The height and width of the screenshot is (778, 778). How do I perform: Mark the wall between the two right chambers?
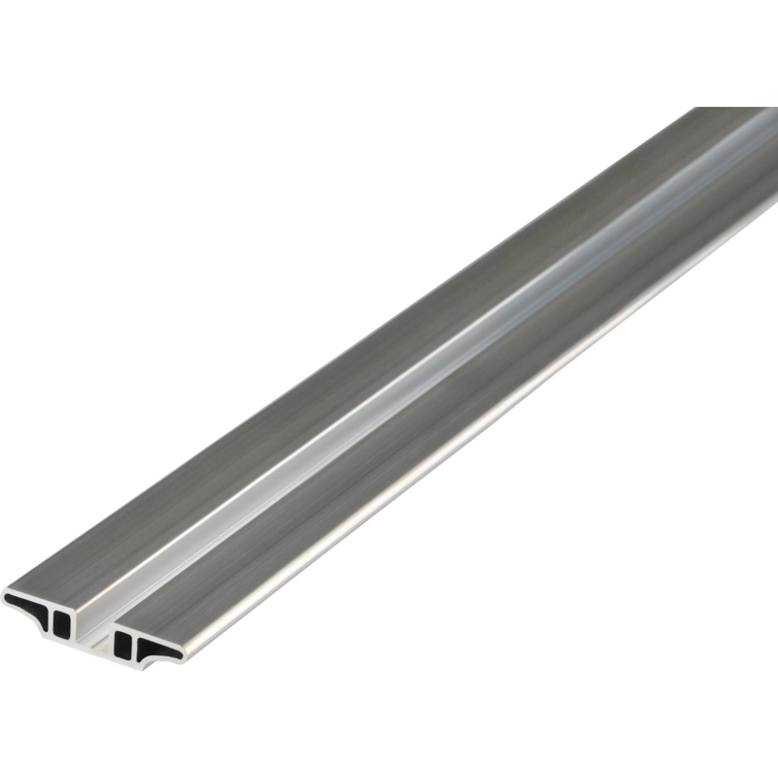tap(135, 644)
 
